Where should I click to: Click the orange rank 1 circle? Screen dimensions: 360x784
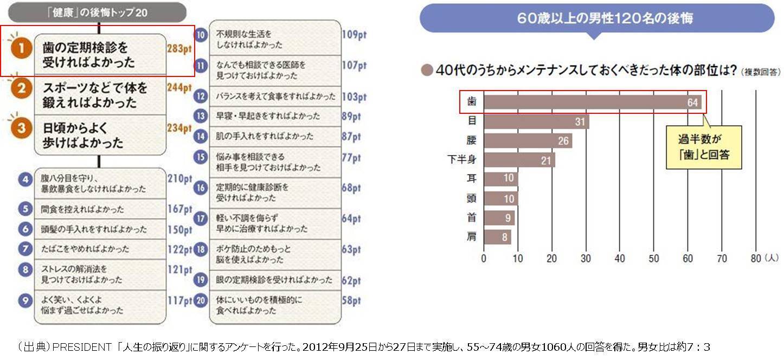[x=21, y=49]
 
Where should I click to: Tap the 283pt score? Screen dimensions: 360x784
[x=179, y=49]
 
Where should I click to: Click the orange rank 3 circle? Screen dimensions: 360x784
[x=21, y=129]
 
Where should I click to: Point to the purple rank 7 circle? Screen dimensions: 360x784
[x=25, y=249]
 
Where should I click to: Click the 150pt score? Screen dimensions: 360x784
[x=180, y=230]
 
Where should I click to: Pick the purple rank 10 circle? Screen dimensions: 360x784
[x=201, y=35]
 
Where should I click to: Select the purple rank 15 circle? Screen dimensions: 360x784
[x=201, y=157]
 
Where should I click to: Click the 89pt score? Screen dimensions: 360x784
[x=351, y=116]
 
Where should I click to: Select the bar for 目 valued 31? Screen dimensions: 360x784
[x=536, y=121]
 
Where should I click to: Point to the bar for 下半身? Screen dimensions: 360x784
[x=519, y=160]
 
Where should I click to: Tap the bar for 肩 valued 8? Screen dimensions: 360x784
[x=497, y=237]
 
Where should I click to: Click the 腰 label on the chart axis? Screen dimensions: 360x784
[x=472, y=141]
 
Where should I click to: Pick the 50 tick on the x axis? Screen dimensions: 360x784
[x=654, y=259]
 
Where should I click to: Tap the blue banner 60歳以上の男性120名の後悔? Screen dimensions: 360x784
[x=597, y=18]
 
